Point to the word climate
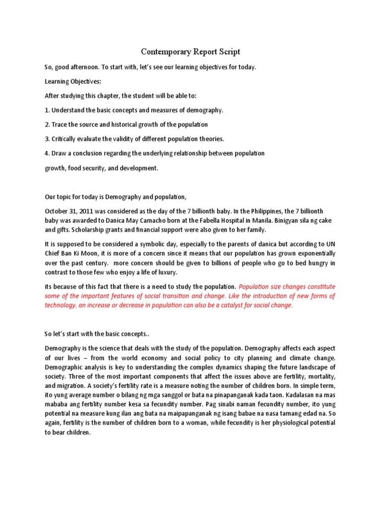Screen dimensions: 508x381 [x=297, y=358]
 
